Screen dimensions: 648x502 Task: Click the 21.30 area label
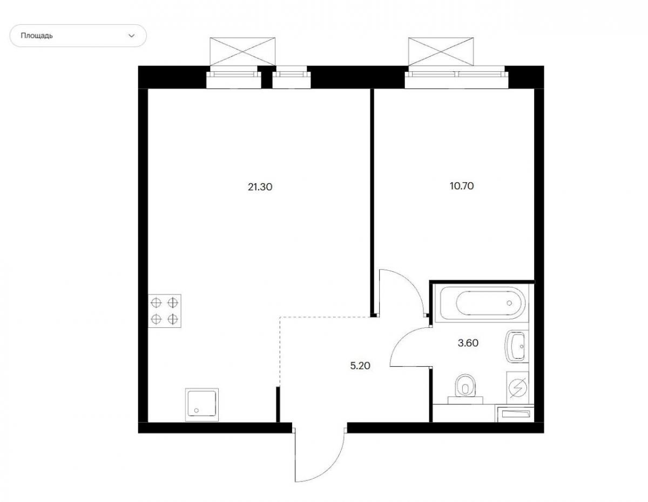260,187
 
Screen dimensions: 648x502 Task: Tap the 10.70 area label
462,186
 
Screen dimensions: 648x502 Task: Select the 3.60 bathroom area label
468,343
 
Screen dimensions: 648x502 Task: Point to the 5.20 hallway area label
360,366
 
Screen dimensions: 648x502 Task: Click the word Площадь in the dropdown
37,36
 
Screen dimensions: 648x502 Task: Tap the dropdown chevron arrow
132,36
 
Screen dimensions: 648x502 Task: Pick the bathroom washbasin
516,346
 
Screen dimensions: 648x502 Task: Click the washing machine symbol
518,387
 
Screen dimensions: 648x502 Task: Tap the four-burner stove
165,311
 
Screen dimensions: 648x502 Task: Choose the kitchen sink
202,404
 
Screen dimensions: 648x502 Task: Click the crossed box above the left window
242,51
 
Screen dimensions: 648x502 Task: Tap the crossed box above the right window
441,51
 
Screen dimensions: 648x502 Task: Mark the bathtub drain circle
509,303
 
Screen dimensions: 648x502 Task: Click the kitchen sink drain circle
196,410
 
